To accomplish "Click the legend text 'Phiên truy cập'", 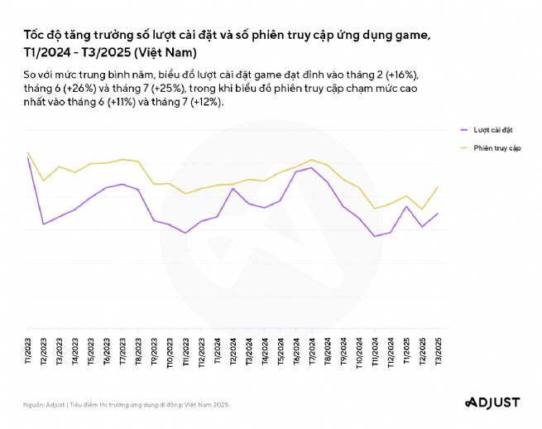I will coord(496,147).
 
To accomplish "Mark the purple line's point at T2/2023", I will coord(43,224).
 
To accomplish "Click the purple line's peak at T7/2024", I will coord(311,167).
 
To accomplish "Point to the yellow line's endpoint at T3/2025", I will coord(438,187).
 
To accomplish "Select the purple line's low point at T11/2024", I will coord(375,236).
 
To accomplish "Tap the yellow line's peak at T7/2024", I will coord(311,159).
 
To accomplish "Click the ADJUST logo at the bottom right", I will coord(492,402).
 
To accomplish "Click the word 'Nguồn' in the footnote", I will coord(34,404).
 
